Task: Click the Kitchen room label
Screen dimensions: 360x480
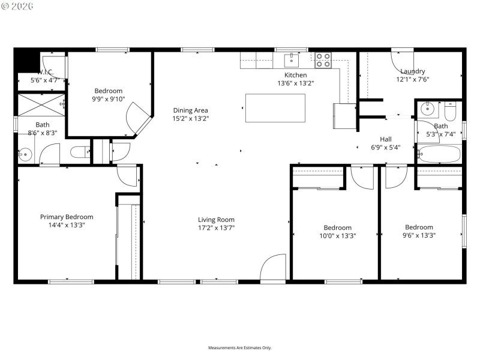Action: click(295, 75)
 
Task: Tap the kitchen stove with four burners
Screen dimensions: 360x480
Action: click(323, 59)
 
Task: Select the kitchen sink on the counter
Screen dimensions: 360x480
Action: click(292, 59)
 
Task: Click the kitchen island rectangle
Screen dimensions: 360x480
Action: click(275, 108)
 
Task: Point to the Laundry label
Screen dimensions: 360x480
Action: click(412, 71)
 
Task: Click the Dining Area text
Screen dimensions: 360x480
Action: click(190, 110)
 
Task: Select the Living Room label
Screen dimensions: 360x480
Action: click(216, 220)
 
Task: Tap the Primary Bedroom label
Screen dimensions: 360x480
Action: click(67, 217)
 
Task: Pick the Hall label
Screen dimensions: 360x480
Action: click(386, 139)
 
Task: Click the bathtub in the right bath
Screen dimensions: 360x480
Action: click(439, 154)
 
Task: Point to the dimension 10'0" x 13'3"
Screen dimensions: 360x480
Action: click(337, 236)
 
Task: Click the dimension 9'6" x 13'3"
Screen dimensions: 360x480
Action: click(418, 235)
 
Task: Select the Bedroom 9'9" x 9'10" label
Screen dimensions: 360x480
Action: click(108, 91)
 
